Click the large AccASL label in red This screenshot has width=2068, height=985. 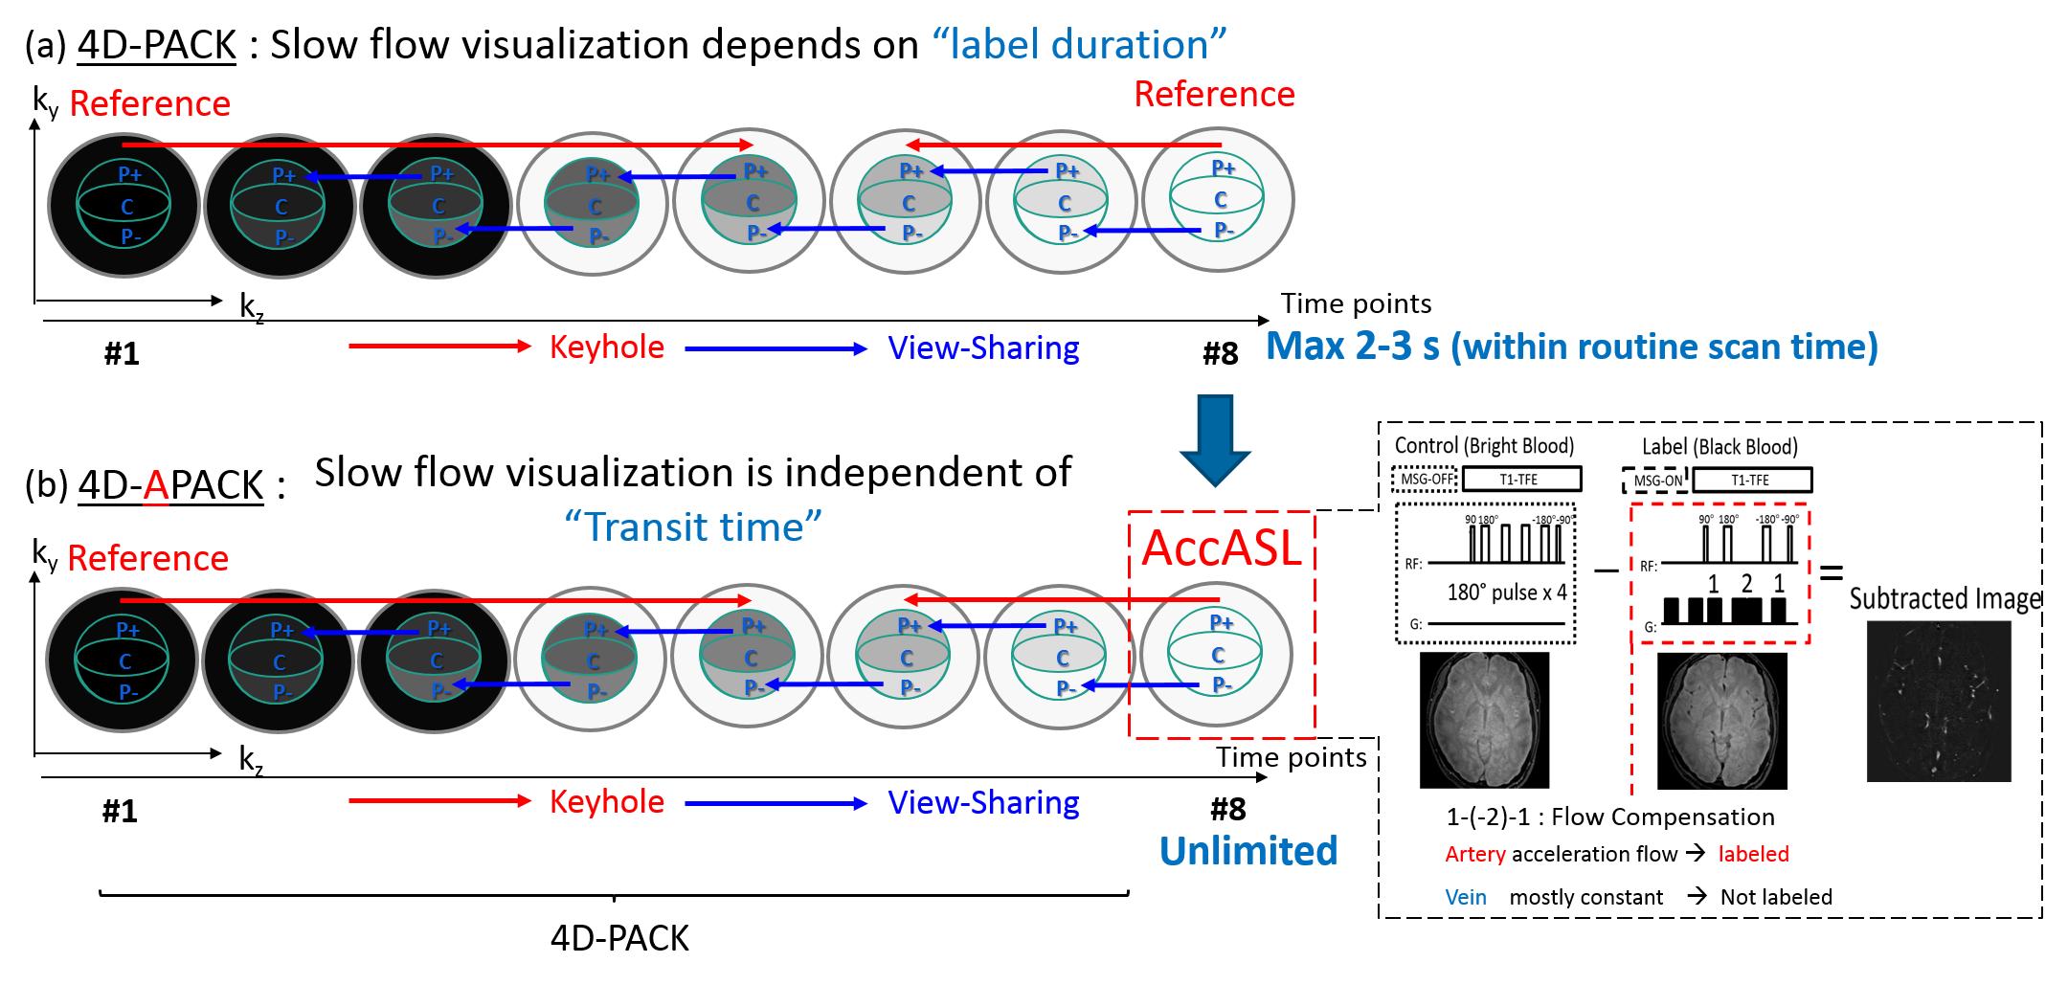[1222, 548]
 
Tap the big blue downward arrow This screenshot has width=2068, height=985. [1215, 438]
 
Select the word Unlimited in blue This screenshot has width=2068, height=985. [1248, 851]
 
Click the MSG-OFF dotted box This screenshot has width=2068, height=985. [1425, 479]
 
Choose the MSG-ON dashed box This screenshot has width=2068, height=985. [1656, 481]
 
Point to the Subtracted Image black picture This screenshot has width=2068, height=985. [1939, 701]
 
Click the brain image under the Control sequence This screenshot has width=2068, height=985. [1484, 720]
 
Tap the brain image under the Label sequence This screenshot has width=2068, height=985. [1721, 721]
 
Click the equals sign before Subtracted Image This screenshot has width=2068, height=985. [1831, 572]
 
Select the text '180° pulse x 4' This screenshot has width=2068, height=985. [1506, 593]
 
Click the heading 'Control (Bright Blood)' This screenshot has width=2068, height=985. [1484, 445]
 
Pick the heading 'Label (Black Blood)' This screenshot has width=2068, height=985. [1720, 447]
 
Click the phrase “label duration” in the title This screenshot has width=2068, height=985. [1079, 44]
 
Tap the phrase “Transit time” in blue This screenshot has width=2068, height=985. [693, 526]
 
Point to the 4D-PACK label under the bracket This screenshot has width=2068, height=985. [619, 938]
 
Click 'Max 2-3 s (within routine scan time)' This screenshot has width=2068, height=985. [1572, 347]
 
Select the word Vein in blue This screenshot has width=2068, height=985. [1466, 897]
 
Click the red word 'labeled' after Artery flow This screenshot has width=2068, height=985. [1753, 854]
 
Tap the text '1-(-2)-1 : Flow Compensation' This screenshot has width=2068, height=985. [1610, 817]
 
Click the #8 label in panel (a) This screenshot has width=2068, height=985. [1221, 354]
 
